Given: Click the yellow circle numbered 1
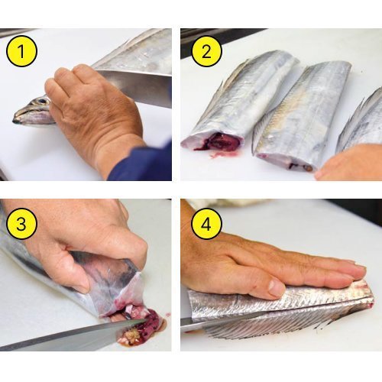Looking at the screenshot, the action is pos(21,51).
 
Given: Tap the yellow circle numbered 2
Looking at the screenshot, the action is pos(206,51).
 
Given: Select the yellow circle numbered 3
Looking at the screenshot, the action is pos(21,224).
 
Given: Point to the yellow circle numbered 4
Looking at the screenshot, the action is pos(206,224).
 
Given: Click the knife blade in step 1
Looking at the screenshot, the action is pos(135,86).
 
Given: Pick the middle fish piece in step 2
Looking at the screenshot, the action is pos(300,115).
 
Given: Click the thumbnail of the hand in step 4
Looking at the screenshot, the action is pos(277,288).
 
